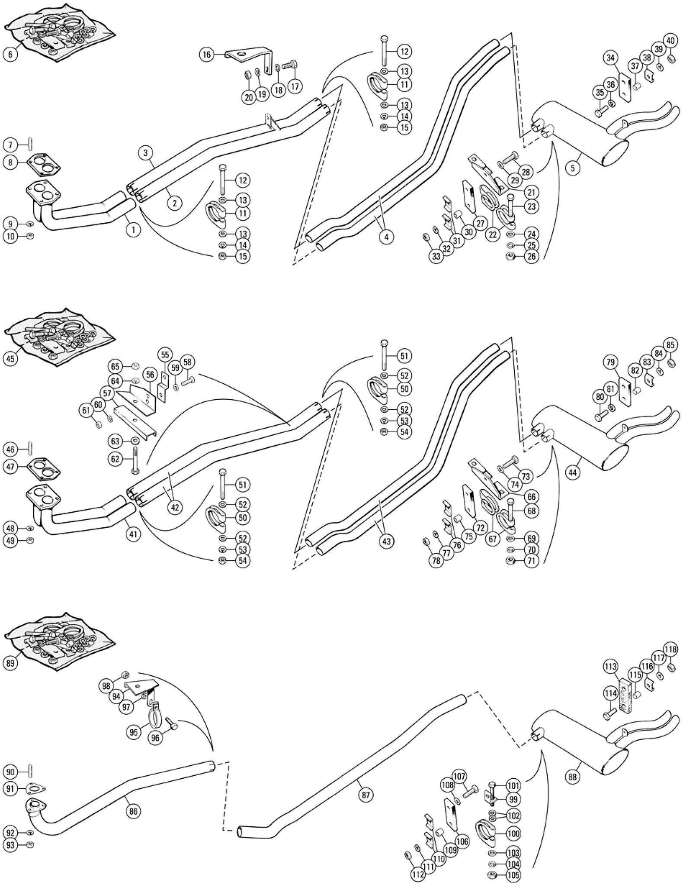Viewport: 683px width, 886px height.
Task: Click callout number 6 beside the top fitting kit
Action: coord(10,55)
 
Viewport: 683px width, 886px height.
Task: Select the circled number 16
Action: coord(206,55)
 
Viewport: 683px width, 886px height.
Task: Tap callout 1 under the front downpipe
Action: coord(133,230)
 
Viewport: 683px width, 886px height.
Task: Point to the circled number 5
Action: coord(573,168)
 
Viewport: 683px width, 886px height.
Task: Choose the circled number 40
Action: coord(670,41)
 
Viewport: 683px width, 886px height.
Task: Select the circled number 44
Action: coord(573,473)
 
